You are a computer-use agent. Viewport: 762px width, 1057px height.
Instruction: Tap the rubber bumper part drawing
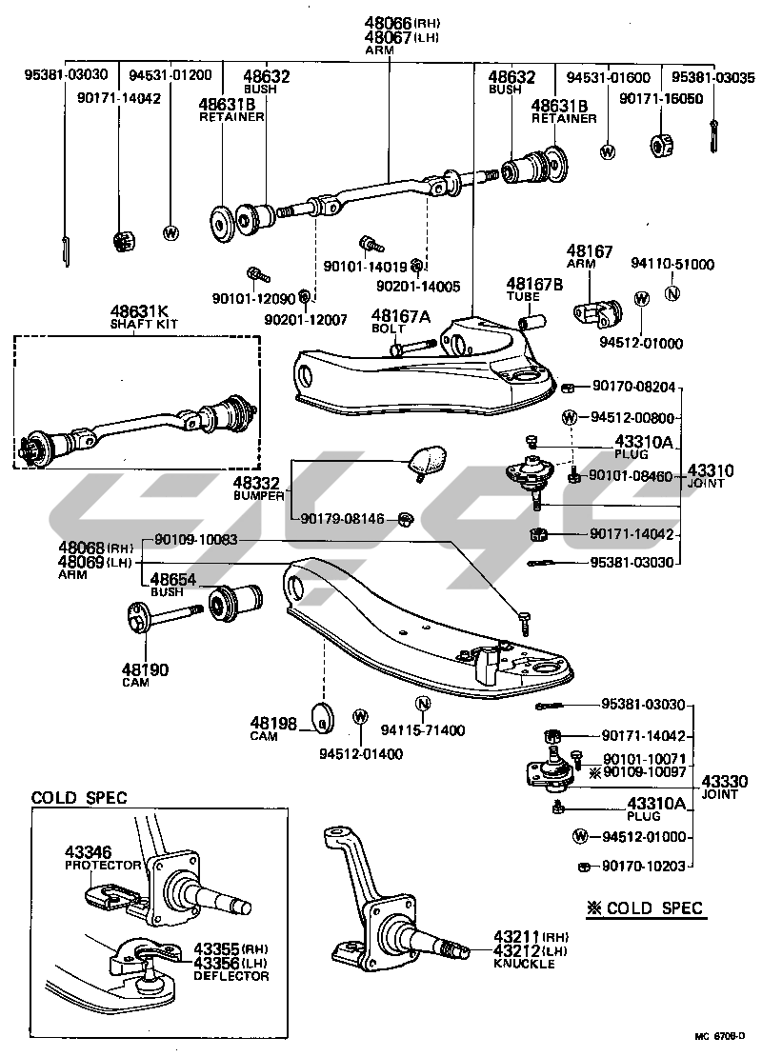pyautogui.click(x=426, y=460)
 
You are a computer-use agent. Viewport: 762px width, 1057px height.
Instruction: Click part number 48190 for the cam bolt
pyautogui.click(x=144, y=669)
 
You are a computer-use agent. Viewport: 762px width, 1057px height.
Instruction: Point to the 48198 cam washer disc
pyautogui.click(x=325, y=722)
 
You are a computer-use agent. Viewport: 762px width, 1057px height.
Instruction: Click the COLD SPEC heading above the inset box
pyautogui.click(x=79, y=798)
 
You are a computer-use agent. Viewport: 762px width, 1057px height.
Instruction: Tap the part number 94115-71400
pyautogui.click(x=423, y=730)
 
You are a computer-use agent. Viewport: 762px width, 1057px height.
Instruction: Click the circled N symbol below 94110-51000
pyautogui.click(x=672, y=293)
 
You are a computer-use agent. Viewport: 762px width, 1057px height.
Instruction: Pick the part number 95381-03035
pyautogui.click(x=712, y=76)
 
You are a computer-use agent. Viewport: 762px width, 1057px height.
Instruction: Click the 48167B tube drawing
pyautogui.click(x=531, y=317)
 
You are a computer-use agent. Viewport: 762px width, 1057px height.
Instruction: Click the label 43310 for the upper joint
pyautogui.click(x=711, y=470)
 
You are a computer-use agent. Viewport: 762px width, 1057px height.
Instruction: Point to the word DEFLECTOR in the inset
pyautogui.click(x=231, y=975)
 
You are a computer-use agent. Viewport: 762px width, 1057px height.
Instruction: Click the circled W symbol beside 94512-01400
pyautogui.click(x=361, y=717)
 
